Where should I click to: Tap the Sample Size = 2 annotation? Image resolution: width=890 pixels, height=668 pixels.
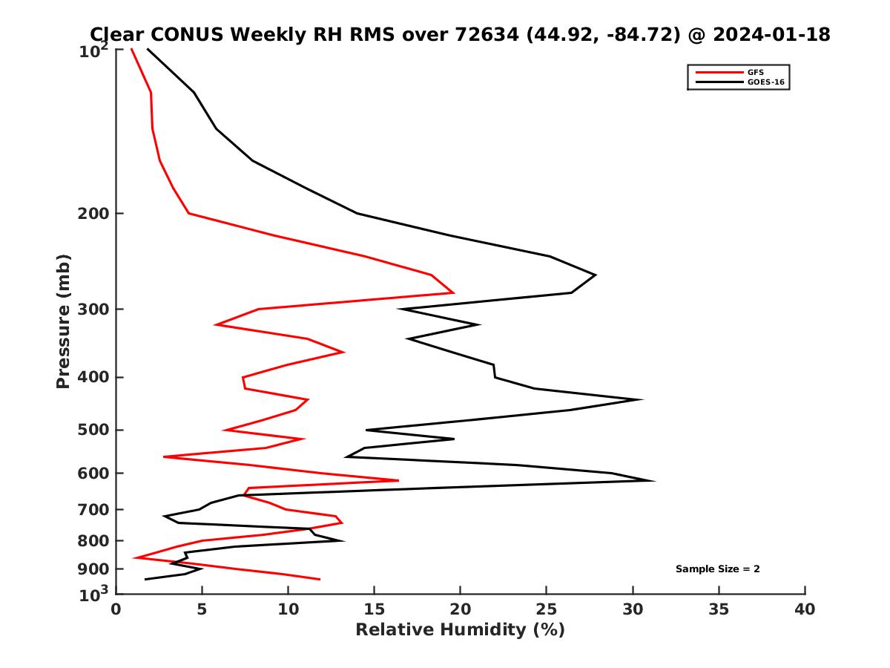pyautogui.click(x=717, y=569)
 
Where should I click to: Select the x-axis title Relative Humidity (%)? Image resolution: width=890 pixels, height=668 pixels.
pyautogui.click(x=460, y=630)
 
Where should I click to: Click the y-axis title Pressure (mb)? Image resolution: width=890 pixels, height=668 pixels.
pyautogui.click(x=63, y=321)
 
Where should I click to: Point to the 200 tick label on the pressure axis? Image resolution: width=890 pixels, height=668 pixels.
pyautogui.click(x=93, y=214)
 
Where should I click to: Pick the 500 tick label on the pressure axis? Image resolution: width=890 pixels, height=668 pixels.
pyautogui.click(x=93, y=430)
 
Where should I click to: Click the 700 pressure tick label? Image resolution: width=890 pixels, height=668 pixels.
pyautogui.click(x=93, y=510)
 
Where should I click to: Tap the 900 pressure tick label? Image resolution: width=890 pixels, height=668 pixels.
pyautogui.click(x=93, y=569)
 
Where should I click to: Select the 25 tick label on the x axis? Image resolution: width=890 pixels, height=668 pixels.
pyautogui.click(x=547, y=609)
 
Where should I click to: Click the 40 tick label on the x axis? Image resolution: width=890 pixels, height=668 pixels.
pyautogui.click(x=805, y=609)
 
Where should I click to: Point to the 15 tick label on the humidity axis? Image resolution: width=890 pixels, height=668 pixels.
pyautogui.click(x=375, y=609)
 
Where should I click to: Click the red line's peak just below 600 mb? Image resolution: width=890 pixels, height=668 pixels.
pyautogui.click(x=398, y=481)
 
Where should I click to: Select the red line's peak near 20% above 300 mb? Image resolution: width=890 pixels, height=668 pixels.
pyautogui.click(x=453, y=292)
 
